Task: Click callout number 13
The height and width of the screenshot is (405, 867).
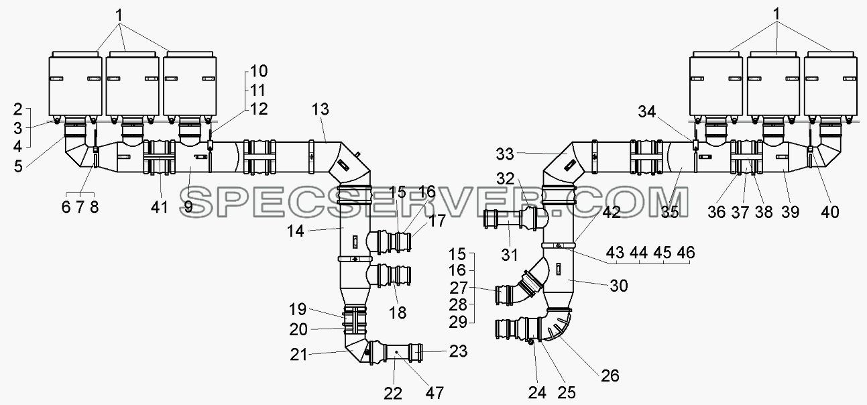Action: coord(321,109)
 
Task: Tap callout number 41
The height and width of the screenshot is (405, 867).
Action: coord(160,208)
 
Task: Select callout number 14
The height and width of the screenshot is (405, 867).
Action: coord(296,231)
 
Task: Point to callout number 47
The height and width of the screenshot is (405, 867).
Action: coord(435,393)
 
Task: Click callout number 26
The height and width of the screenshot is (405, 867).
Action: coord(610,375)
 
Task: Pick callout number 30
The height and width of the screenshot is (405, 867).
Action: coord(618,286)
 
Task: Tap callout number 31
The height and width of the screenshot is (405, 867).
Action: coord(510,255)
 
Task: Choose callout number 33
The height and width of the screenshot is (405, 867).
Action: coord(505,154)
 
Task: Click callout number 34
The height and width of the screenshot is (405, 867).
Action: coord(647,112)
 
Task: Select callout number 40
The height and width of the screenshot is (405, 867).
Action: coord(830,212)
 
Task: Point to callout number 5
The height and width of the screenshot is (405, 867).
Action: coord(18,167)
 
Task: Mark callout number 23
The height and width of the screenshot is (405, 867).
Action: coord(458,351)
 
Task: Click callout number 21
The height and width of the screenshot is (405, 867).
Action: coord(299,355)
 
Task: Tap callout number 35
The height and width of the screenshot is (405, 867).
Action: coord(670,212)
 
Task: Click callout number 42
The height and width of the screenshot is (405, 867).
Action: coord(612,212)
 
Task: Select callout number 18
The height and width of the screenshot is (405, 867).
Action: coord(398,312)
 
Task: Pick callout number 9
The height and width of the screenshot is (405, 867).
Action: coord(188,207)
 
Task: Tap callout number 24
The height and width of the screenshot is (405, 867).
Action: coord(537,393)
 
